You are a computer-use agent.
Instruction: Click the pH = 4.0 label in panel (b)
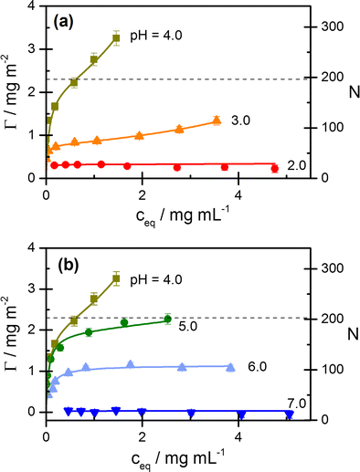(160, 275)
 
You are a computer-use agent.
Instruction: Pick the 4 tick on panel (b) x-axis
(238, 435)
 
